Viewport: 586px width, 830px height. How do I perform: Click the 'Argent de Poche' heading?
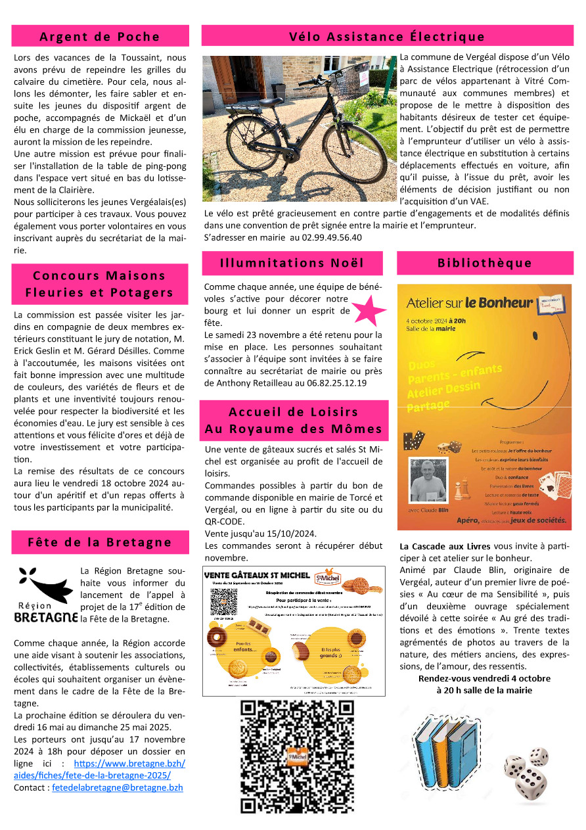(100, 36)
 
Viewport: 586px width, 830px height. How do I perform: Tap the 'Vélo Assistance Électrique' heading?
(387, 36)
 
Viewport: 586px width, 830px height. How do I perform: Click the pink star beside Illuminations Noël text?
(368, 311)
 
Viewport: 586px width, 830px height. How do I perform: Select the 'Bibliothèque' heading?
(484, 263)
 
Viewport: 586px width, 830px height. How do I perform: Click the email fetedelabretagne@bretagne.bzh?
(118, 787)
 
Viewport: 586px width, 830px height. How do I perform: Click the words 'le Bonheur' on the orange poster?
(499, 303)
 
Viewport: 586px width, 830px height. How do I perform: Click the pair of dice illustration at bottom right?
(527, 773)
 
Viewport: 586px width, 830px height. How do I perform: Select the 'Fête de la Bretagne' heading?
(100, 542)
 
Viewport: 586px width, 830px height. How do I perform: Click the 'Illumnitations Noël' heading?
(292, 263)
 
